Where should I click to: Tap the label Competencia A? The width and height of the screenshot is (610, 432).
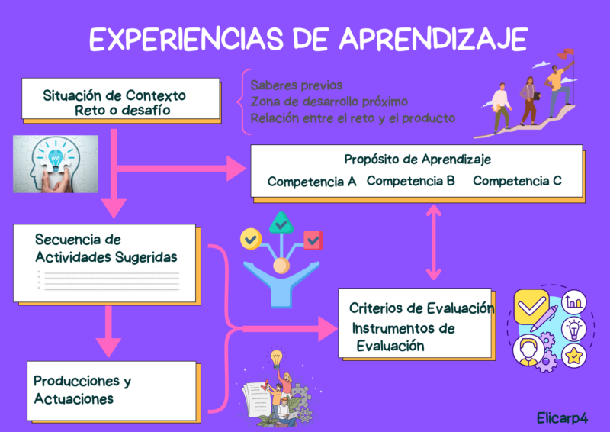tap(312, 182)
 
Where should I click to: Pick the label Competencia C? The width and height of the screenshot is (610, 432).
tap(517, 181)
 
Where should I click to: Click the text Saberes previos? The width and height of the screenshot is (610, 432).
tap(296, 85)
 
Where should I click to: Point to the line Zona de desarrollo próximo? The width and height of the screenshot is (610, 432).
tap(329, 102)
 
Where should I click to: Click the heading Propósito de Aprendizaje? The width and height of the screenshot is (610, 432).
tap(417, 160)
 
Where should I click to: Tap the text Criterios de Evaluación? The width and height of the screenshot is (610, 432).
tap(422, 308)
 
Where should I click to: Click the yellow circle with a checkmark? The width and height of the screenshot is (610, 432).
tap(250, 239)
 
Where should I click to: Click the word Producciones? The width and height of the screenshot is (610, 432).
tap(77, 381)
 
